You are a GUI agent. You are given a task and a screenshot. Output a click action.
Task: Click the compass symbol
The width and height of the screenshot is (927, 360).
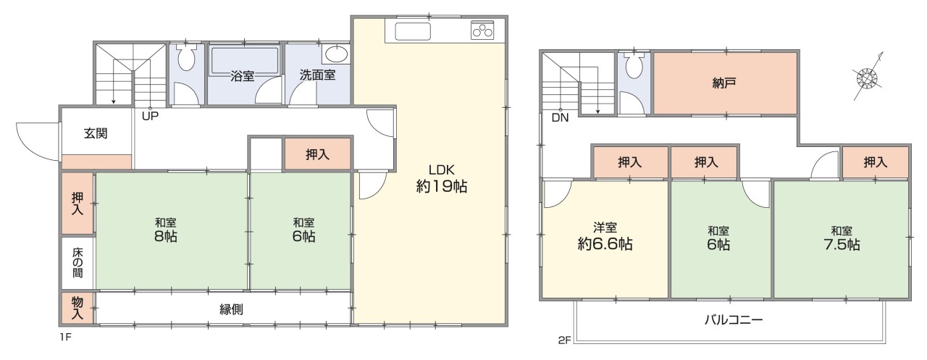click(868, 75)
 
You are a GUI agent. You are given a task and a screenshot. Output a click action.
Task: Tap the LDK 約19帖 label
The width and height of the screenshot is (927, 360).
click(441, 177)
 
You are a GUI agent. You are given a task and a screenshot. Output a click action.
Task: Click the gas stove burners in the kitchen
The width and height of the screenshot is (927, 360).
click(482, 30)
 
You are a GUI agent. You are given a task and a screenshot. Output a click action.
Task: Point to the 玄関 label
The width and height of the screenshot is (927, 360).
click(96, 133)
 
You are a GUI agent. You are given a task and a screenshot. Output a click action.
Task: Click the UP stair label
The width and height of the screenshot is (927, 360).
click(150, 115)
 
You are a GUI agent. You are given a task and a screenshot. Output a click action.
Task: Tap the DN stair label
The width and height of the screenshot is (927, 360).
click(560, 118)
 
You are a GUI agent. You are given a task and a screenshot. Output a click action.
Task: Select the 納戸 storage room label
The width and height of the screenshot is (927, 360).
click(726, 83)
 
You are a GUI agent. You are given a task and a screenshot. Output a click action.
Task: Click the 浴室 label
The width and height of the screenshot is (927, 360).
click(242, 75)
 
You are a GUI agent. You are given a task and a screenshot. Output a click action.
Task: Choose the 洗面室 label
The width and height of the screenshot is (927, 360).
click(317, 75)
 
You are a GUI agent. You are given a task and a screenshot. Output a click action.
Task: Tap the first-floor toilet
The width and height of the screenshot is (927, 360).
click(186, 58)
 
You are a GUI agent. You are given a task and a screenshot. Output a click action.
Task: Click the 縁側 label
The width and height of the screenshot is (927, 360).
click(231, 309)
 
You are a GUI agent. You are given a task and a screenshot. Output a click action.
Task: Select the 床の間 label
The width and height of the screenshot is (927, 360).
click(77, 264)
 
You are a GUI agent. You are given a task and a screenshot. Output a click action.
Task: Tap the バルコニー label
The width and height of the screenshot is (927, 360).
click(734, 319)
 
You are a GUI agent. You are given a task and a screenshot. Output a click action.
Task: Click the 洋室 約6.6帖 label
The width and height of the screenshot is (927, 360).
click(605, 236)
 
